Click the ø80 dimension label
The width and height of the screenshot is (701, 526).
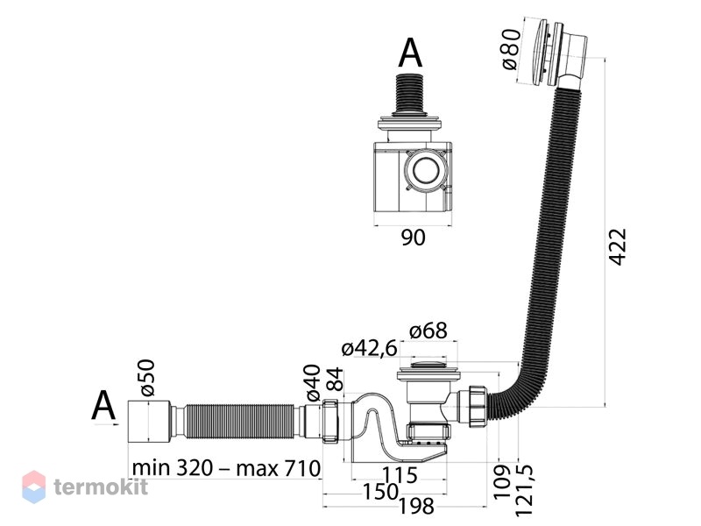(x=511, y=49)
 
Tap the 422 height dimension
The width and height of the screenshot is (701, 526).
(x=618, y=247)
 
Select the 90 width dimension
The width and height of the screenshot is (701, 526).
(x=413, y=238)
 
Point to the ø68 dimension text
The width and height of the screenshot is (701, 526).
(x=428, y=331)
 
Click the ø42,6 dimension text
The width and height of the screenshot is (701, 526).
(x=369, y=348)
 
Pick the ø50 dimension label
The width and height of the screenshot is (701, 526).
(x=147, y=378)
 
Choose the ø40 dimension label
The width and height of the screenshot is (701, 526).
(x=313, y=382)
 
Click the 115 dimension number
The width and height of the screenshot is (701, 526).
(x=400, y=475)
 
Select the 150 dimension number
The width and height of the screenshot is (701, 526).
(x=379, y=492)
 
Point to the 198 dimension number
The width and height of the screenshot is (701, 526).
(x=415, y=507)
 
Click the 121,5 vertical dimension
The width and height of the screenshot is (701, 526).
(x=524, y=490)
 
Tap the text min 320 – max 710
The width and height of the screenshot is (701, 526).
(x=227, y=468)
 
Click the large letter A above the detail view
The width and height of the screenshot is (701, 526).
(x=410, y=53)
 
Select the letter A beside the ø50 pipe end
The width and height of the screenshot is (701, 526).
(x=103, y=406)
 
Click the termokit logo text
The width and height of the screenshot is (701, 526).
(x=101, y=487)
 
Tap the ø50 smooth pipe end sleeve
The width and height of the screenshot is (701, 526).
(x=149, y=422)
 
